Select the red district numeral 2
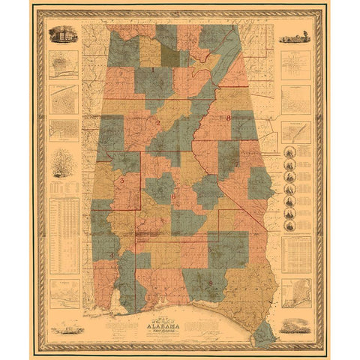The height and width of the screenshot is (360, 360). point(158,121)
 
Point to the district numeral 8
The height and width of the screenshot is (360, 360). point(228,118)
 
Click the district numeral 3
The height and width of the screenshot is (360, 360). point(121,181)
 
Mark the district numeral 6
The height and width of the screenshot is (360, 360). point(173,196)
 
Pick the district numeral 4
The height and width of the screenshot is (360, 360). point(113,255)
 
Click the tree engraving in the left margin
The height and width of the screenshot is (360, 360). point(63,162)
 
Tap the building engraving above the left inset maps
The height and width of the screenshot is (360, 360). point(63,34)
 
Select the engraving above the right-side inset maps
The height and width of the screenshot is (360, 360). point(295,35)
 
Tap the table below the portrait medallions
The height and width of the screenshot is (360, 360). point(295,255)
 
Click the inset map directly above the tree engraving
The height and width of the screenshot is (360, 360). point(64,128)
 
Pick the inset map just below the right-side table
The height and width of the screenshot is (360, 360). point(295,295)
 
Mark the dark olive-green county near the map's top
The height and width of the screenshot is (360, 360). point(170,57)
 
